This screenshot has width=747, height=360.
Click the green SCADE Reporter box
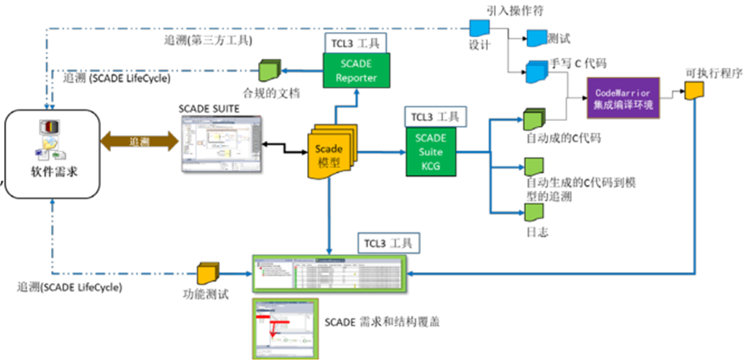[358, 72]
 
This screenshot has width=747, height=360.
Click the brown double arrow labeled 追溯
[139, 141]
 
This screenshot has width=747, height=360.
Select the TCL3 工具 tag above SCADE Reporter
[356, 41]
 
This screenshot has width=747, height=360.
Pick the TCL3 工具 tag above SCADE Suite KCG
[436, 116]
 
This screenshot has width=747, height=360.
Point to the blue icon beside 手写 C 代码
[535, 73]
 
